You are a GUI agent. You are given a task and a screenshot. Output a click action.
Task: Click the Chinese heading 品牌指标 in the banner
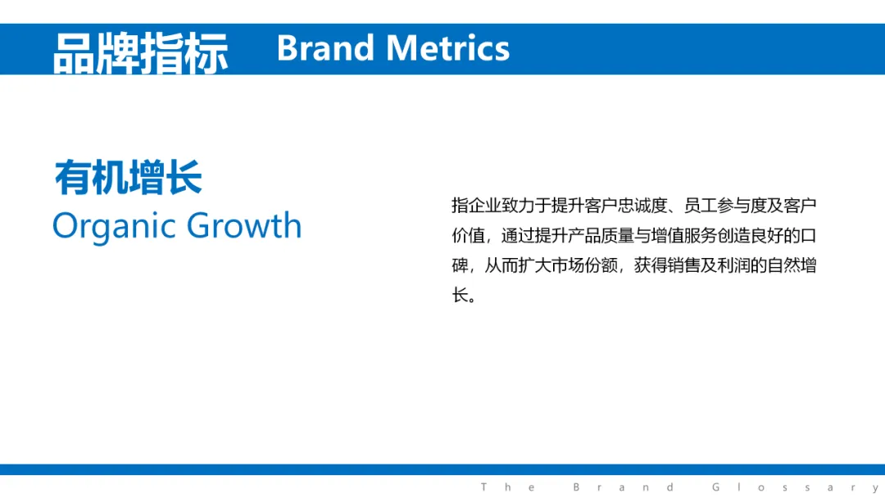[141, 53]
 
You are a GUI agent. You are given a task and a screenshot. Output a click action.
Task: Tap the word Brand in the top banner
[325, 48]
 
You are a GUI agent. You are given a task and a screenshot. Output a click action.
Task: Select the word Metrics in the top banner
[447, 48]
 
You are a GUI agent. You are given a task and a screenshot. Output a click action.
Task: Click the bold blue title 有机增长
[128, 177]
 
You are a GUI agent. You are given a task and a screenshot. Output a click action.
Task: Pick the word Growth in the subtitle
[244, 225]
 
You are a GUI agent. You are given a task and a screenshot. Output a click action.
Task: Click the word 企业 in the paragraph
[485, 206]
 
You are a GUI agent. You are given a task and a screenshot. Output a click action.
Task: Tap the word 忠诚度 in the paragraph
[643, 206]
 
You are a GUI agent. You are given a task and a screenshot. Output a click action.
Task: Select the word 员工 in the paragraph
[701, 206]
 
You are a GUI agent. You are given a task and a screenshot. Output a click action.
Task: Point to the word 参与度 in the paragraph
[742, 206]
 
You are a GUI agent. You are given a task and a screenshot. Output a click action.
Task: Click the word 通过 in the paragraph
[518, 235]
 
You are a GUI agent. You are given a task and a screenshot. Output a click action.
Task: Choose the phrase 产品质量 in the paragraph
[601, 235]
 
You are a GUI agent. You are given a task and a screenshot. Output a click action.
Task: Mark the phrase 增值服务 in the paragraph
[684, 235]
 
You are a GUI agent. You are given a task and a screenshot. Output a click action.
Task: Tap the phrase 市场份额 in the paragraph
[584, 265]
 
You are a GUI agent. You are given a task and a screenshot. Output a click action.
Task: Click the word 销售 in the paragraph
[683, 265]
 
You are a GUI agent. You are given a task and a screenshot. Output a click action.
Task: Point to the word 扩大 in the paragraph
[534, 265]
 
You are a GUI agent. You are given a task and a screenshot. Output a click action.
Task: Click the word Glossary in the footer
[795, 487]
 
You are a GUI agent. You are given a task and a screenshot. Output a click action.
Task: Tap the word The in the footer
[508, 487]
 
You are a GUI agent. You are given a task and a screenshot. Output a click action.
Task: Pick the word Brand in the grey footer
[624, 487]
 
